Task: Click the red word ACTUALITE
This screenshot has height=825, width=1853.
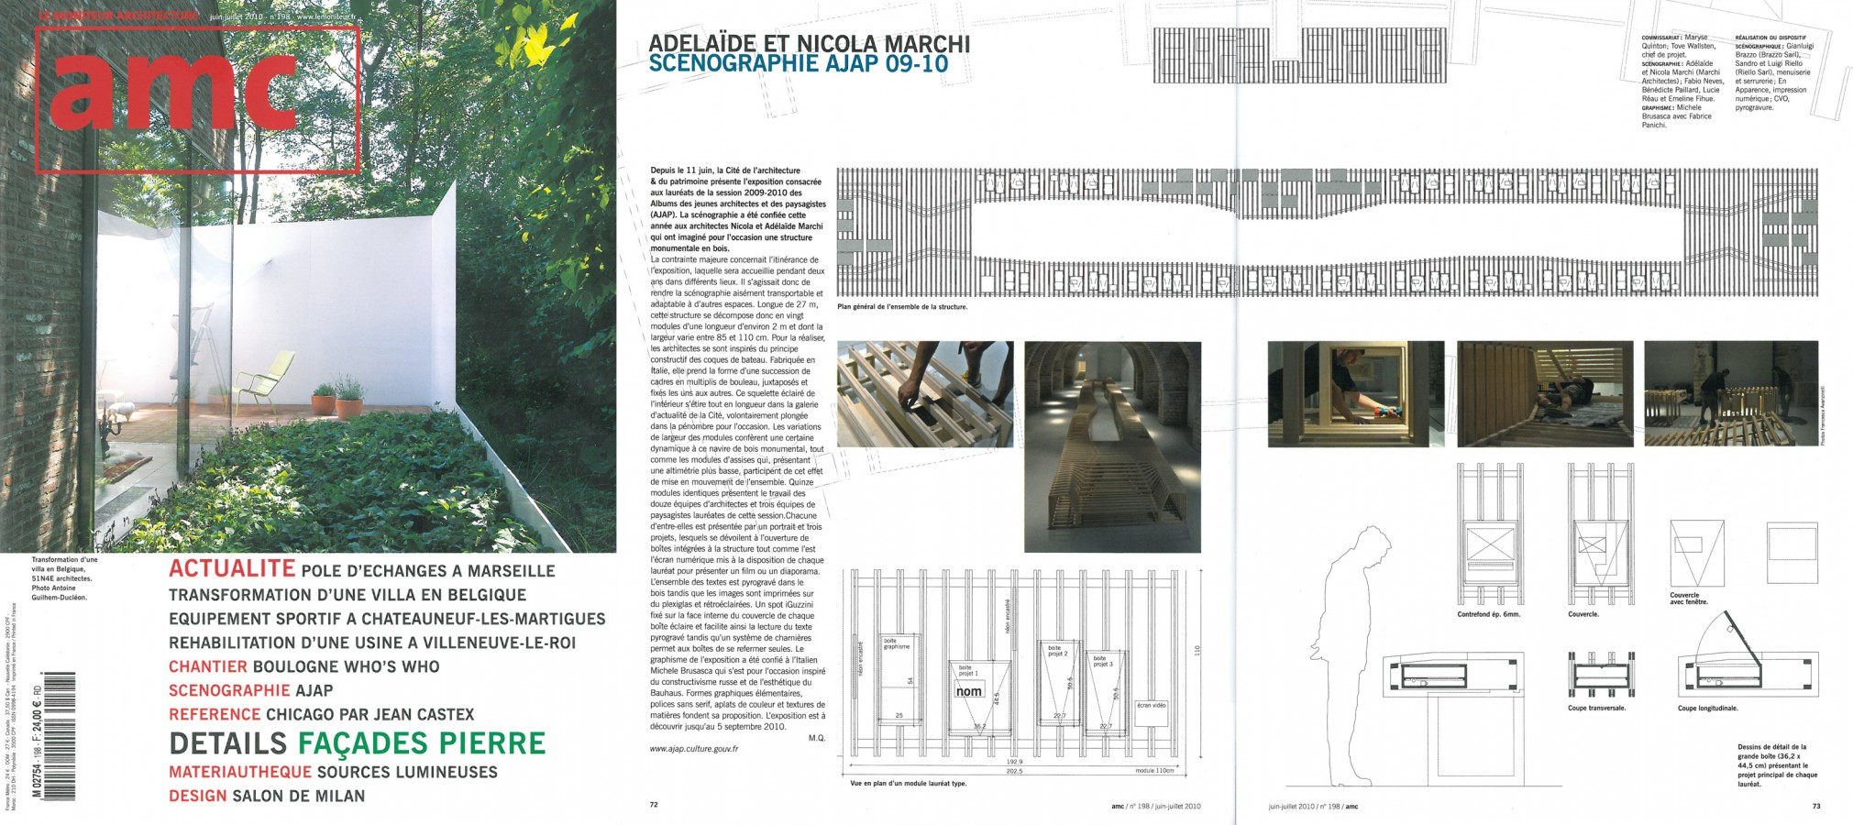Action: [231, 569]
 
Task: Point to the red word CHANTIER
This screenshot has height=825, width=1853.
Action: [207, 666]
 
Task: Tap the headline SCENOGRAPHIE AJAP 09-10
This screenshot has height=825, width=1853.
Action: [798, 64]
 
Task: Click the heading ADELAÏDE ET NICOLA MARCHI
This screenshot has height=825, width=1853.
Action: [809, 43]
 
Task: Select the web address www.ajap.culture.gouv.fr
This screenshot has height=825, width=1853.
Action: [693, 749]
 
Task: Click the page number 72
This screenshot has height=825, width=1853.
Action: [654, 806]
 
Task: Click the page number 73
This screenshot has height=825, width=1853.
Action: [1815, 806]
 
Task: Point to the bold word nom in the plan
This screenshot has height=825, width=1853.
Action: [969, 691]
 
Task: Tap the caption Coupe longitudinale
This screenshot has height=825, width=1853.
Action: [1707, 709]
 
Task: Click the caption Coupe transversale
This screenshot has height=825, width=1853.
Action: [1596, 709]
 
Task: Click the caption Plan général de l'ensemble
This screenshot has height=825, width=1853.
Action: [902, 307]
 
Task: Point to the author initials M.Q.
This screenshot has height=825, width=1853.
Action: [818, 737]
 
